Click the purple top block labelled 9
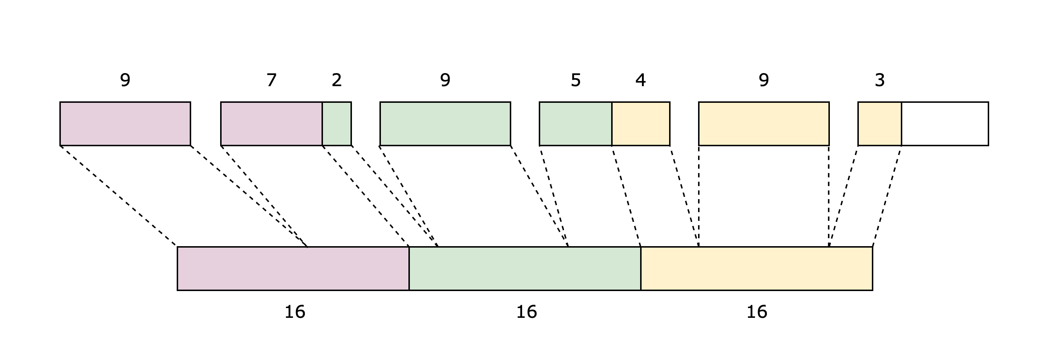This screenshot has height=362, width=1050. [x=125, y=123]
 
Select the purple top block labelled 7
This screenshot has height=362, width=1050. [x=272, y=123]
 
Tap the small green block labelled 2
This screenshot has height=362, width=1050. [x=337, y=123]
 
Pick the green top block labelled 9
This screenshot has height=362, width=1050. [x=445, y=123]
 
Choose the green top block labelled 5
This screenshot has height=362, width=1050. [x=576, y=123]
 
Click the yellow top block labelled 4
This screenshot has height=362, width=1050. [x=641, y=123]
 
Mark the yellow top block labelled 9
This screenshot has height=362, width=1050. [x=764, y=123]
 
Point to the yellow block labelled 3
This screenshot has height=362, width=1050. [x=879, y=123]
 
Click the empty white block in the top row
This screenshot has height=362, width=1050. [x=945, y=123]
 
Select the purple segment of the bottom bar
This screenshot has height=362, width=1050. [x=293, y=269]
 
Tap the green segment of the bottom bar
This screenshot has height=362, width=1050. [x=525, y=269]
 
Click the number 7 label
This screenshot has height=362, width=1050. [x=272, y=80]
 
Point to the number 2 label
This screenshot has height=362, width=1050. [x=337, y=80]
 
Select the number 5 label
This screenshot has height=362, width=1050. [x=576, y=80]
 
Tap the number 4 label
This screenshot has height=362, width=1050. [x=641, y=80]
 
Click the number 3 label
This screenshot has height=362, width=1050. [x=879, y=80]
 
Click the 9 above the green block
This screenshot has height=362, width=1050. [x=445, y=80]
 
